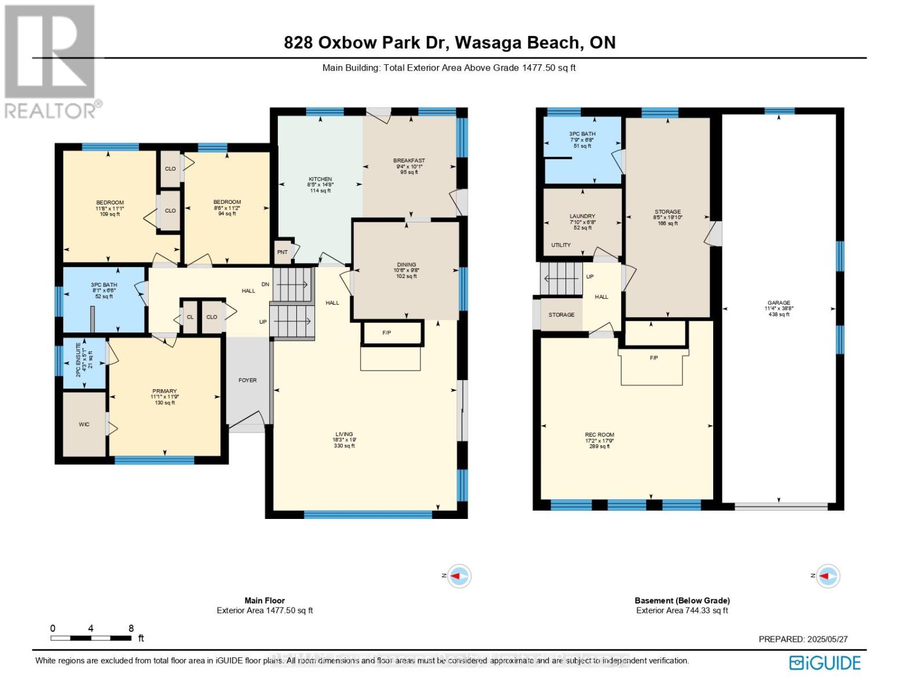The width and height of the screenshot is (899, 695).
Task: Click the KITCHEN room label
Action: pos(320,179)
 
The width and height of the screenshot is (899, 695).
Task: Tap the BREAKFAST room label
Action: pos(409,160)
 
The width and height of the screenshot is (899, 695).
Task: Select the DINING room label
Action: pos(406,265)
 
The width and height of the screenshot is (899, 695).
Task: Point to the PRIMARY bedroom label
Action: pos(164,391)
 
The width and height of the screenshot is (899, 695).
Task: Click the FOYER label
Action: pos(247,380)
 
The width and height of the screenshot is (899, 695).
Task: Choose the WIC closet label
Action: pos(85,425)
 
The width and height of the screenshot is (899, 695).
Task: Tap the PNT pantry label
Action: pos(282,252)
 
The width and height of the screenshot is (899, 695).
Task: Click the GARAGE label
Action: pos(779,302)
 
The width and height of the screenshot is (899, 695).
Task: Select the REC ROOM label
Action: pos(599,434)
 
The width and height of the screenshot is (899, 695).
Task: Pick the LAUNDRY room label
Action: pos(582,216)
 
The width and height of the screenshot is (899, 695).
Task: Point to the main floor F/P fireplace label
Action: pos(387,333)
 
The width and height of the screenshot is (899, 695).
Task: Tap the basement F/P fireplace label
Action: pos(654,358)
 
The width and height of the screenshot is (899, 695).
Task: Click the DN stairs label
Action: pos(265,284)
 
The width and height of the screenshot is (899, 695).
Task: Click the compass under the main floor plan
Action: pos(459,576)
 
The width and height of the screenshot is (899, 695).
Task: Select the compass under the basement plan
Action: pos(828,576)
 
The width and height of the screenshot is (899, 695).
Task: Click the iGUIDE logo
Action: pos(825,663)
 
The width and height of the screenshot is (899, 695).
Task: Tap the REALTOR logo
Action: pos(51,61)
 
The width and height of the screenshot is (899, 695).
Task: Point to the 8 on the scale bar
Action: pos(131,628)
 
